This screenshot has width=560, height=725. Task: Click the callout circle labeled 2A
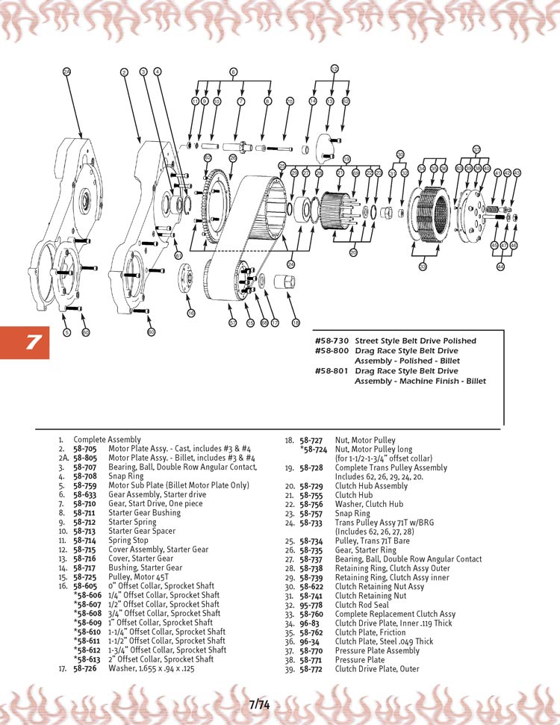click(66, 71)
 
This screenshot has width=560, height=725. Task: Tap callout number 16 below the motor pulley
click(190, 313)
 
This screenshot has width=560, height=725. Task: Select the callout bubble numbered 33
click(423, 266)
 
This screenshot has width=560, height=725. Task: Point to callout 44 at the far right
click(500, 267)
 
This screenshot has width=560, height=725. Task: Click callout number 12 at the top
click(335, 69)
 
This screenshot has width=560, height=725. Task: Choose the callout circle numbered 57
click(233, 323)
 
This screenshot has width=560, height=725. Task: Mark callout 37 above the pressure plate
click(476, 149)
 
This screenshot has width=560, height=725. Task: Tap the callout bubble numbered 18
click(296, 323)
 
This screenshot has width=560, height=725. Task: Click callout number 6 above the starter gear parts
click(233, 72)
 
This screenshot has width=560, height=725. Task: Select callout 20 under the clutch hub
click(352, 252)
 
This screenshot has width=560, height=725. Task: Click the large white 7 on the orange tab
click(33, 343)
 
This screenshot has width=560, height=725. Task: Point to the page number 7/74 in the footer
click(259, 704)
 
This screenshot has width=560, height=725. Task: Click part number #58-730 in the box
click(332, 340)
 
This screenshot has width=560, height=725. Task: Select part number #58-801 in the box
click(332, 370)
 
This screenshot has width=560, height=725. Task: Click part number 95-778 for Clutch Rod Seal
click(311, 605)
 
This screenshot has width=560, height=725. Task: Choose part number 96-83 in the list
click(310, 623)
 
